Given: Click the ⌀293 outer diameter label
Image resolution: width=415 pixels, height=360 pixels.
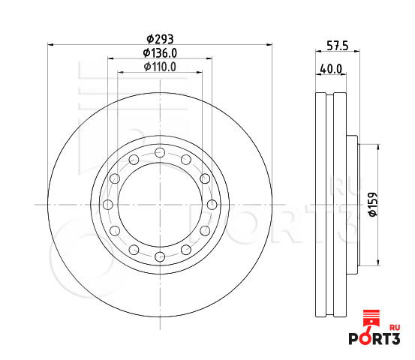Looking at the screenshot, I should coord(160,38).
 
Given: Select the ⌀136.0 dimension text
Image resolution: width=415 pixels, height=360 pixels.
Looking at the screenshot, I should coord(160,52).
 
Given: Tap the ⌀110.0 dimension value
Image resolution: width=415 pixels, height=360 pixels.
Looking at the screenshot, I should coord(160,67).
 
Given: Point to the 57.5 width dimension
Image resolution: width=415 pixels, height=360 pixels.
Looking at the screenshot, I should coord(335,46).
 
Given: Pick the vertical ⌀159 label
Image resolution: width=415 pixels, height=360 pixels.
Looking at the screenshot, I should coord(371,203).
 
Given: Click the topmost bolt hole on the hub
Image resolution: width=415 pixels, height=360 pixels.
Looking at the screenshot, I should coord(160,153).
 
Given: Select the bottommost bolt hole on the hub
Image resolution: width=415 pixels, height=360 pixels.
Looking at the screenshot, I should coord(160,257).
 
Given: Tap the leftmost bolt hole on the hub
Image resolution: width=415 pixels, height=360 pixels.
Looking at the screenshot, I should coord(107,205).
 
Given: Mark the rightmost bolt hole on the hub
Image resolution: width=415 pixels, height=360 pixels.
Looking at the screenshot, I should coord(212,205).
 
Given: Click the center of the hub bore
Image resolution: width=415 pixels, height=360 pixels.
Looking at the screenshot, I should coord(160,205).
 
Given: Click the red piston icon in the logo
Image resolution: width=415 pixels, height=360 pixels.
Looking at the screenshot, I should coord(370,319).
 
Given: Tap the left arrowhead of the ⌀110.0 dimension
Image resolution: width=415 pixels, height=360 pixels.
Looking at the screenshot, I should coord(121,72).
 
